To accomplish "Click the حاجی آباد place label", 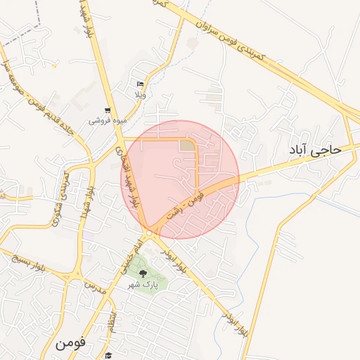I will (314, 150).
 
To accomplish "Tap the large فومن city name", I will (69, 344).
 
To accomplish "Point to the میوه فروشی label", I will (108, 121).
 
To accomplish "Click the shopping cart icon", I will (107, 110).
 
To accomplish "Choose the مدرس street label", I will (94, 288).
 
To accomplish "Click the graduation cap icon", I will (109, 355).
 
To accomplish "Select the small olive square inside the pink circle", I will (186, 145).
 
